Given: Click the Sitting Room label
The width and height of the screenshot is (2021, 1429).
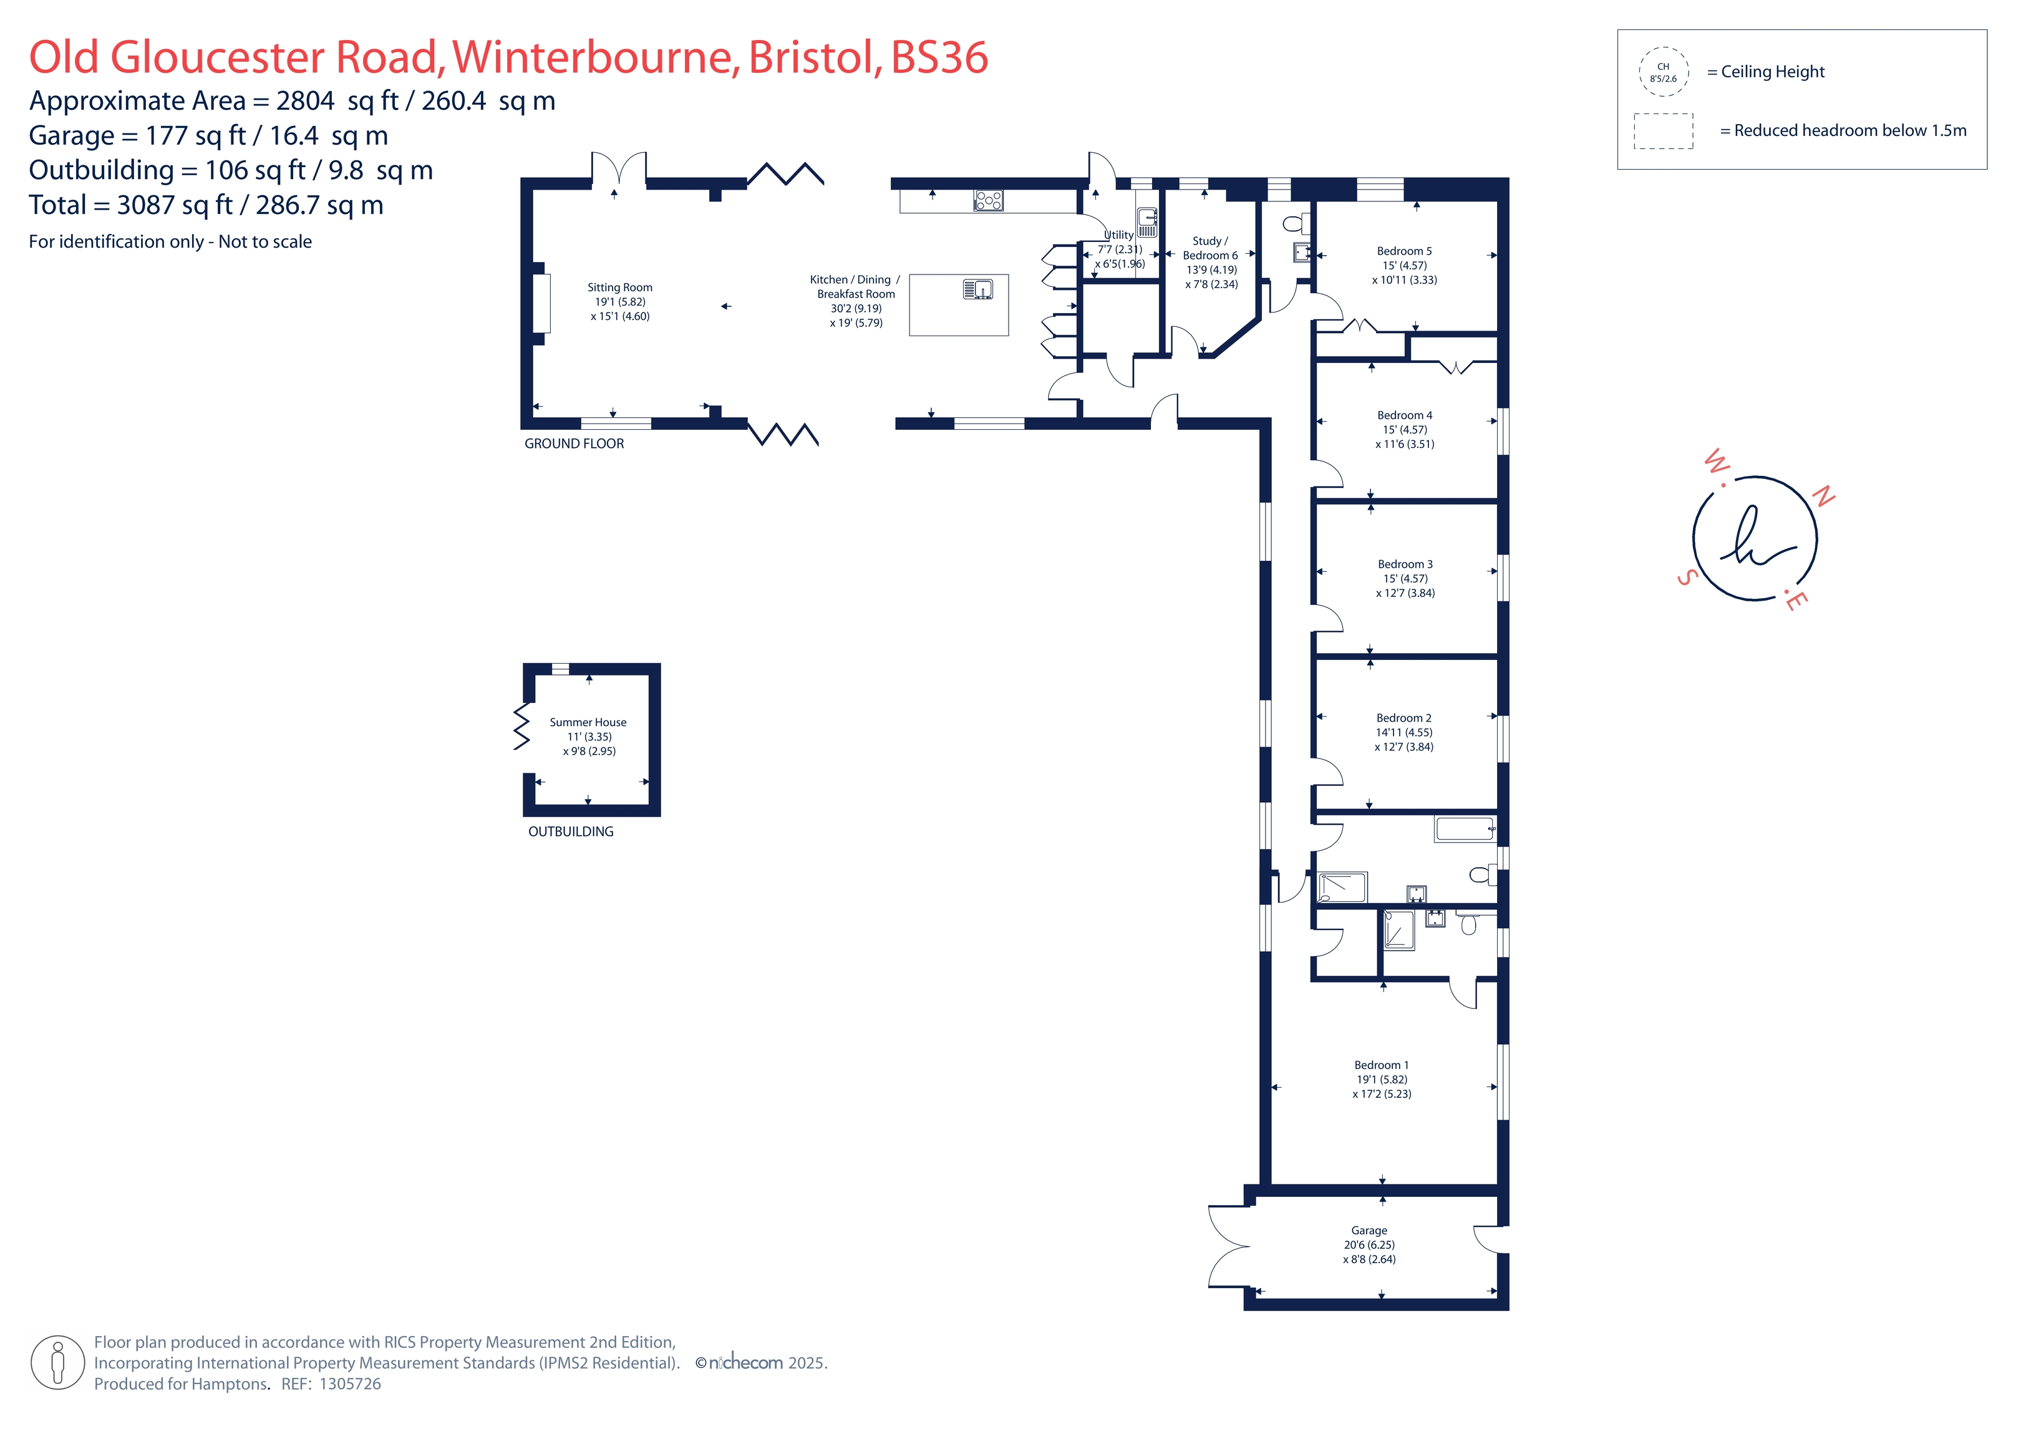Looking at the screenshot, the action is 619,287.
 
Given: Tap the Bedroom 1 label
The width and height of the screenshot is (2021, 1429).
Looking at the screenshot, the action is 1381,1065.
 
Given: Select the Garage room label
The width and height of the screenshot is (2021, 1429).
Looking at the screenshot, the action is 1369,1230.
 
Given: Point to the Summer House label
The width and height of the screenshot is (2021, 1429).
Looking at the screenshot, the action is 588,722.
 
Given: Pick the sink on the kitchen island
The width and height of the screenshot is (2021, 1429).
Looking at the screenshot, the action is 978,289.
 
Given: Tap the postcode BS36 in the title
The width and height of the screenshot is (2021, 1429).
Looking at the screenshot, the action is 939,57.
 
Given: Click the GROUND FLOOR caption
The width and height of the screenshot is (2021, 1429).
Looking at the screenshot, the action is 574,443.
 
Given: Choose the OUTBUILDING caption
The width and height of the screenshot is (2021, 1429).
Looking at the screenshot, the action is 570,831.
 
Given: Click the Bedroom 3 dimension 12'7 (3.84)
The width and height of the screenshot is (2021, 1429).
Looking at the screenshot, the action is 1406,593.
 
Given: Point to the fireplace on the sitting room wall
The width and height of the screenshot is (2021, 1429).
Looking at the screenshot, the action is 541,304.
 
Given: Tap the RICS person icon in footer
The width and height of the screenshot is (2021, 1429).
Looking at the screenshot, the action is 58,1362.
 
